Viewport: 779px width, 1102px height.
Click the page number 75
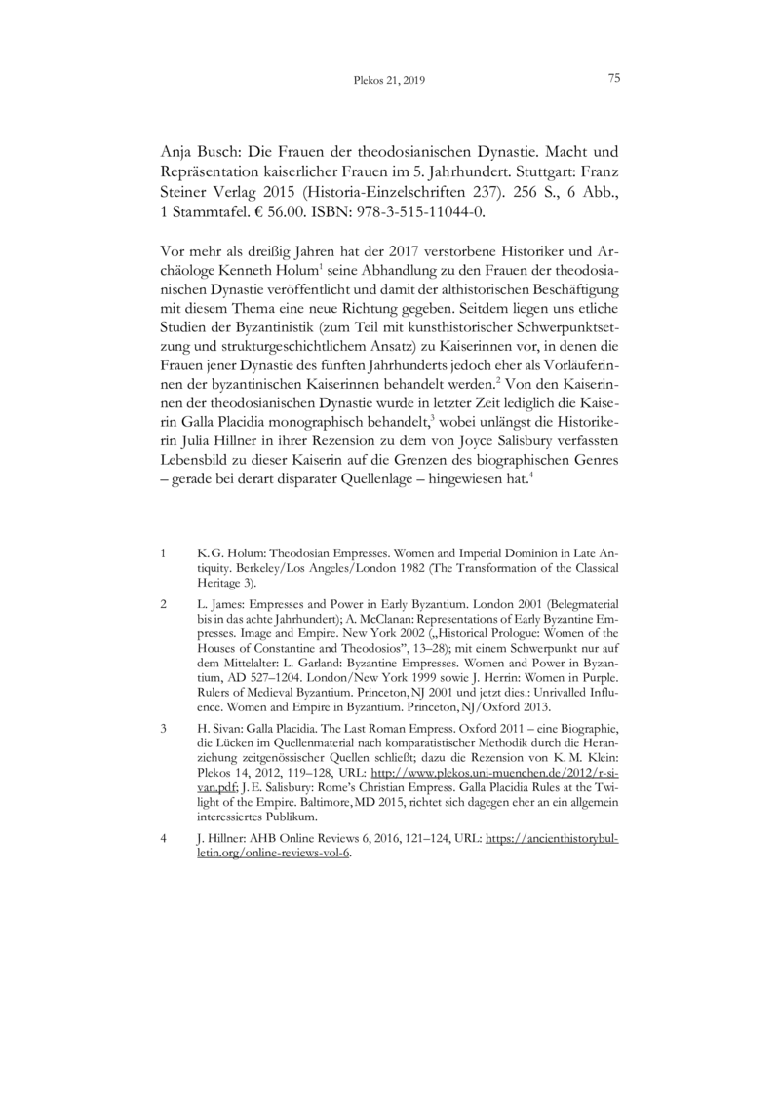pyautogui.click(x=614, y=79)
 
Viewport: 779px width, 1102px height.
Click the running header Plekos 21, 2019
pyautogui.click(x=389, y=81)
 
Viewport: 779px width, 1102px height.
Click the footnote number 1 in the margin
pyautogui.click(x=162, y=553)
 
